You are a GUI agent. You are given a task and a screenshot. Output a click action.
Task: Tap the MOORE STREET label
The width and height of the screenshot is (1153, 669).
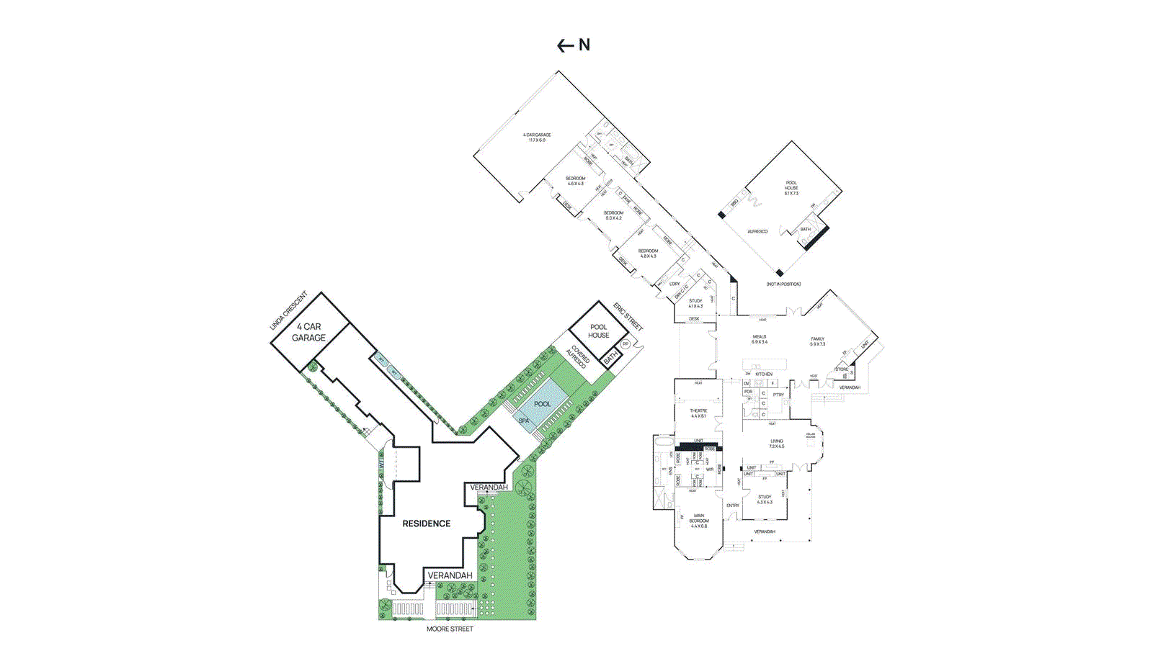[450, 629]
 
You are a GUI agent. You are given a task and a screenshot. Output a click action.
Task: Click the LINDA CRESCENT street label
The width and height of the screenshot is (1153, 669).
[288, 311]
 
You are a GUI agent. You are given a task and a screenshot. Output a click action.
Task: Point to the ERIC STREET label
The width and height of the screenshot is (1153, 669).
[628, 317]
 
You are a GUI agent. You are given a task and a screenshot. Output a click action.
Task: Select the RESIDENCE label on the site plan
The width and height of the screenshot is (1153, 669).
[426, 524]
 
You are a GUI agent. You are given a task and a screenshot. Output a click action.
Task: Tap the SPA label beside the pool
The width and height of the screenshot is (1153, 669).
[523, 421]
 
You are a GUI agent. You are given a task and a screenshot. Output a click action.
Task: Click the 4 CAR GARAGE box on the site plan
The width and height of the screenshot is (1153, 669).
[308, 332]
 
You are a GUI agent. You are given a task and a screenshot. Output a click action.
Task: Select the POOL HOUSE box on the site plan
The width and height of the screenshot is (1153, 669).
[598, 331]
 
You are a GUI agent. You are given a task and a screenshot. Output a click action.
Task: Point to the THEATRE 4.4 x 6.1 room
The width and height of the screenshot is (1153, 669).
[698, 413]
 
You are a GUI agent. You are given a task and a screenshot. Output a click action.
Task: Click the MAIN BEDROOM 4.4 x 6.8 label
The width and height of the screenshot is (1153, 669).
[698, 521]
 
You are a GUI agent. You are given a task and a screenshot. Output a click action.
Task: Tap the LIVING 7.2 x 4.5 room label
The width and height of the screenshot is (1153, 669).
[776, 444]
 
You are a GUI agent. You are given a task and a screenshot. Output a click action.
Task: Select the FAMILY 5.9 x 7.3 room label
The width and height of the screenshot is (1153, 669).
[817, 341]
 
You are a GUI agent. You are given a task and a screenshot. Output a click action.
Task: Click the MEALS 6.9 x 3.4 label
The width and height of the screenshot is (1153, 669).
[760, 339]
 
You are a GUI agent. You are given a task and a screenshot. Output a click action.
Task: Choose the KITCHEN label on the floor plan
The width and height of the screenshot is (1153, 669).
[764, 374]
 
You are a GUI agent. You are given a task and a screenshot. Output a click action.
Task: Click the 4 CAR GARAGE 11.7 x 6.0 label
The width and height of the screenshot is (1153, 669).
[537, 137]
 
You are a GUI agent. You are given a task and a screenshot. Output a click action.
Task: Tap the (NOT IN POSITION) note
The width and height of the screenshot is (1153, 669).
[783, 284]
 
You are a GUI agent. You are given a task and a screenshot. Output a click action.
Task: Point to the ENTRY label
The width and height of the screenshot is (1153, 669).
[733, 506]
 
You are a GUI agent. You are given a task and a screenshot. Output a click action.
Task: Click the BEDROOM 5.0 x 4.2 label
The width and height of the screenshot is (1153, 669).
[613, 215]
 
